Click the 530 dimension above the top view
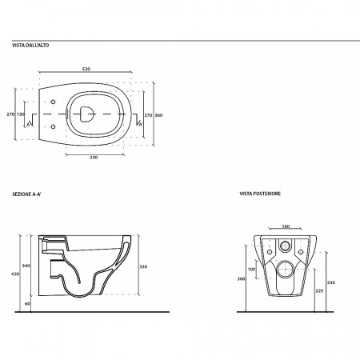tap(86, 69)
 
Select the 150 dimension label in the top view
tap(21, 114)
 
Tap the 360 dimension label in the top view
tap(158, 115)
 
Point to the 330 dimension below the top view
tap(94, 158)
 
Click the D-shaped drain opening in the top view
tap(87, 114)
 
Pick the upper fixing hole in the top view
tap(53, 102)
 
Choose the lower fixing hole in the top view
tap(53, 126)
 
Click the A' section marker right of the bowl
tap(140, 124)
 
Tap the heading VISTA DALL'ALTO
tap(30, 46)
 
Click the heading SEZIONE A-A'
tap(27, 194)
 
